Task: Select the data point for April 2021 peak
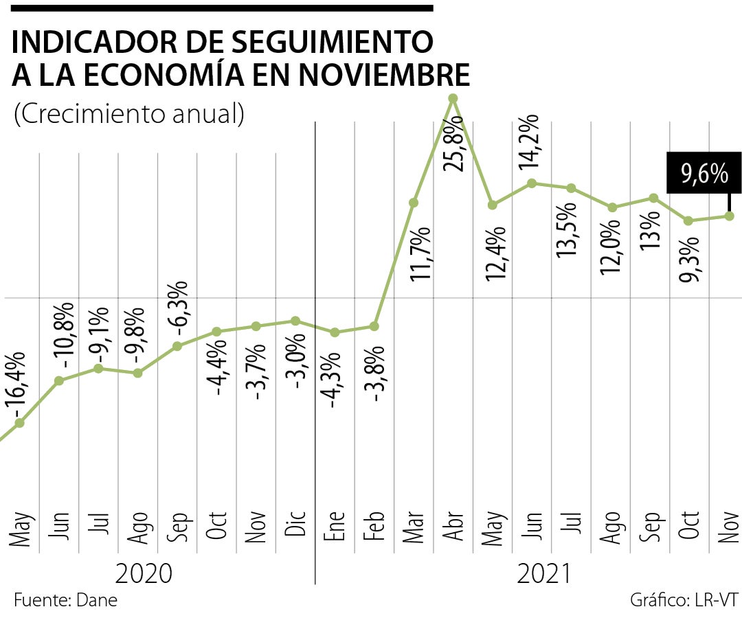click(452, 98)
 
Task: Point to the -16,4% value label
click(17, 384)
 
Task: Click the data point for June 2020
click(59, 380)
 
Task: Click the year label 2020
click(144, 573)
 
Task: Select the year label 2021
click(543, 573)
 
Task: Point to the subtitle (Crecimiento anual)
click(129, 114)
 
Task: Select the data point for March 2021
click(413, 203)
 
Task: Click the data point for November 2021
click(730, 216)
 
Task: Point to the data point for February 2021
click(374, 326)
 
